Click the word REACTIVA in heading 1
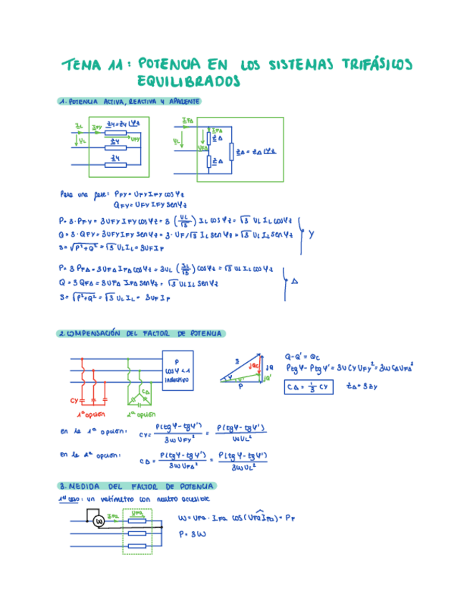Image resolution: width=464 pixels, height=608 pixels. click(142, 102)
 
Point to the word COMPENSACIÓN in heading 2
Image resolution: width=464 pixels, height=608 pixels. click(92, 333)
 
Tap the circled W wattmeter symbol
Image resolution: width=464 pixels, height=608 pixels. click(100, 521)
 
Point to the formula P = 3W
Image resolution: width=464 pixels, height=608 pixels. click(190, 534)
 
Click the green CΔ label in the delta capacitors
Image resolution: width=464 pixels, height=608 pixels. click(147, 391)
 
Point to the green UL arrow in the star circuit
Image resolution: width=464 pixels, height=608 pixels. click(82, 141)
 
